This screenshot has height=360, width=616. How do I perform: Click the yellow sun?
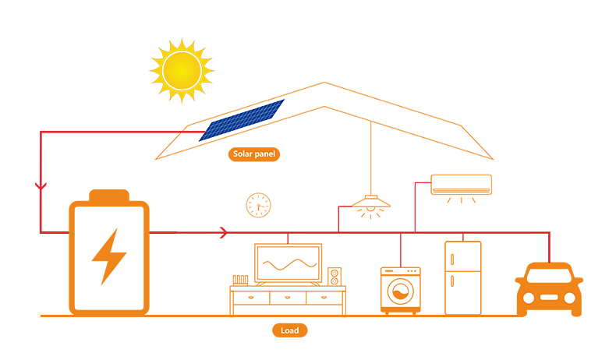coord(181,69)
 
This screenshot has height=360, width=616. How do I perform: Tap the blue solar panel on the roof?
coord(242,120)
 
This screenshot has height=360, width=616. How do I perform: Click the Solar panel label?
coord(255,154)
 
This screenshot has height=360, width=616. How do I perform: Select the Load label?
coord(290,330)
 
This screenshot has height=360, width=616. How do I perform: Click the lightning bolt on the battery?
coord(108,256)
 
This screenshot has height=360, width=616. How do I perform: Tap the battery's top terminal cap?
coord(108,195)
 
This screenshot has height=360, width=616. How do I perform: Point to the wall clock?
coord(258,205)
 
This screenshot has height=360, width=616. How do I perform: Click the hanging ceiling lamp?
coord(370,204)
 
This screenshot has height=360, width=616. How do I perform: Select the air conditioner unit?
coord(462,184)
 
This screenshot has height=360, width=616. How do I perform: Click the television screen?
coord(288,263)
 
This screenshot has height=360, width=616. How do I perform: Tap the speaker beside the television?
coord(335,277)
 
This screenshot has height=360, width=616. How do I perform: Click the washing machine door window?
coord(400,295)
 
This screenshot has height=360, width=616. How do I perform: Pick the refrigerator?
coord(462,277)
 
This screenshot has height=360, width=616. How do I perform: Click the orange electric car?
coord(549,289)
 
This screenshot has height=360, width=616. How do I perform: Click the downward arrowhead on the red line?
coord(41,187)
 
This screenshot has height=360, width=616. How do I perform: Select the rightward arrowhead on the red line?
coord(225,232)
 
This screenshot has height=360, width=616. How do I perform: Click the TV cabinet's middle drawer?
coord(288,298)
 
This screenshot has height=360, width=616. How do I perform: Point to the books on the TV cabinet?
coord(239,278)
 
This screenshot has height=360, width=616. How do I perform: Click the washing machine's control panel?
coord(400,272)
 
